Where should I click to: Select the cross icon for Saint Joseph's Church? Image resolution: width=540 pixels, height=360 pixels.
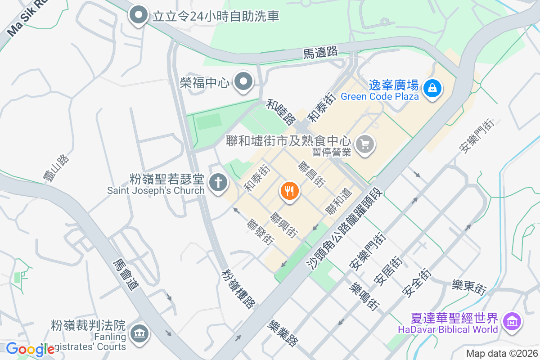218,183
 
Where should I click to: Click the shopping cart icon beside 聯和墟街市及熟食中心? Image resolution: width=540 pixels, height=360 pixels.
365,144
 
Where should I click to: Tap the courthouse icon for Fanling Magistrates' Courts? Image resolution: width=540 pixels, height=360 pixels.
139,333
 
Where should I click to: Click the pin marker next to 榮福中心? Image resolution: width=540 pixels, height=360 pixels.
244,82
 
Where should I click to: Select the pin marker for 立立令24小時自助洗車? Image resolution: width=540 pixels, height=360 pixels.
139,16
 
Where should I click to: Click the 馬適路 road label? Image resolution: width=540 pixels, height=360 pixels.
320,53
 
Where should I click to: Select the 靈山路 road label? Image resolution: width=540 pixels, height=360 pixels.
56,169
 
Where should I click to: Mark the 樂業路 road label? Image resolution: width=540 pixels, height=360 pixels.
283,333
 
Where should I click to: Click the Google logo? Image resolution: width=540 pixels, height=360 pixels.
30,349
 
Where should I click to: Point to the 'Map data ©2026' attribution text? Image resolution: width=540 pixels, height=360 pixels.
501,353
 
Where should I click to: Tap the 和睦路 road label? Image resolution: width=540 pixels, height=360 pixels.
281,112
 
